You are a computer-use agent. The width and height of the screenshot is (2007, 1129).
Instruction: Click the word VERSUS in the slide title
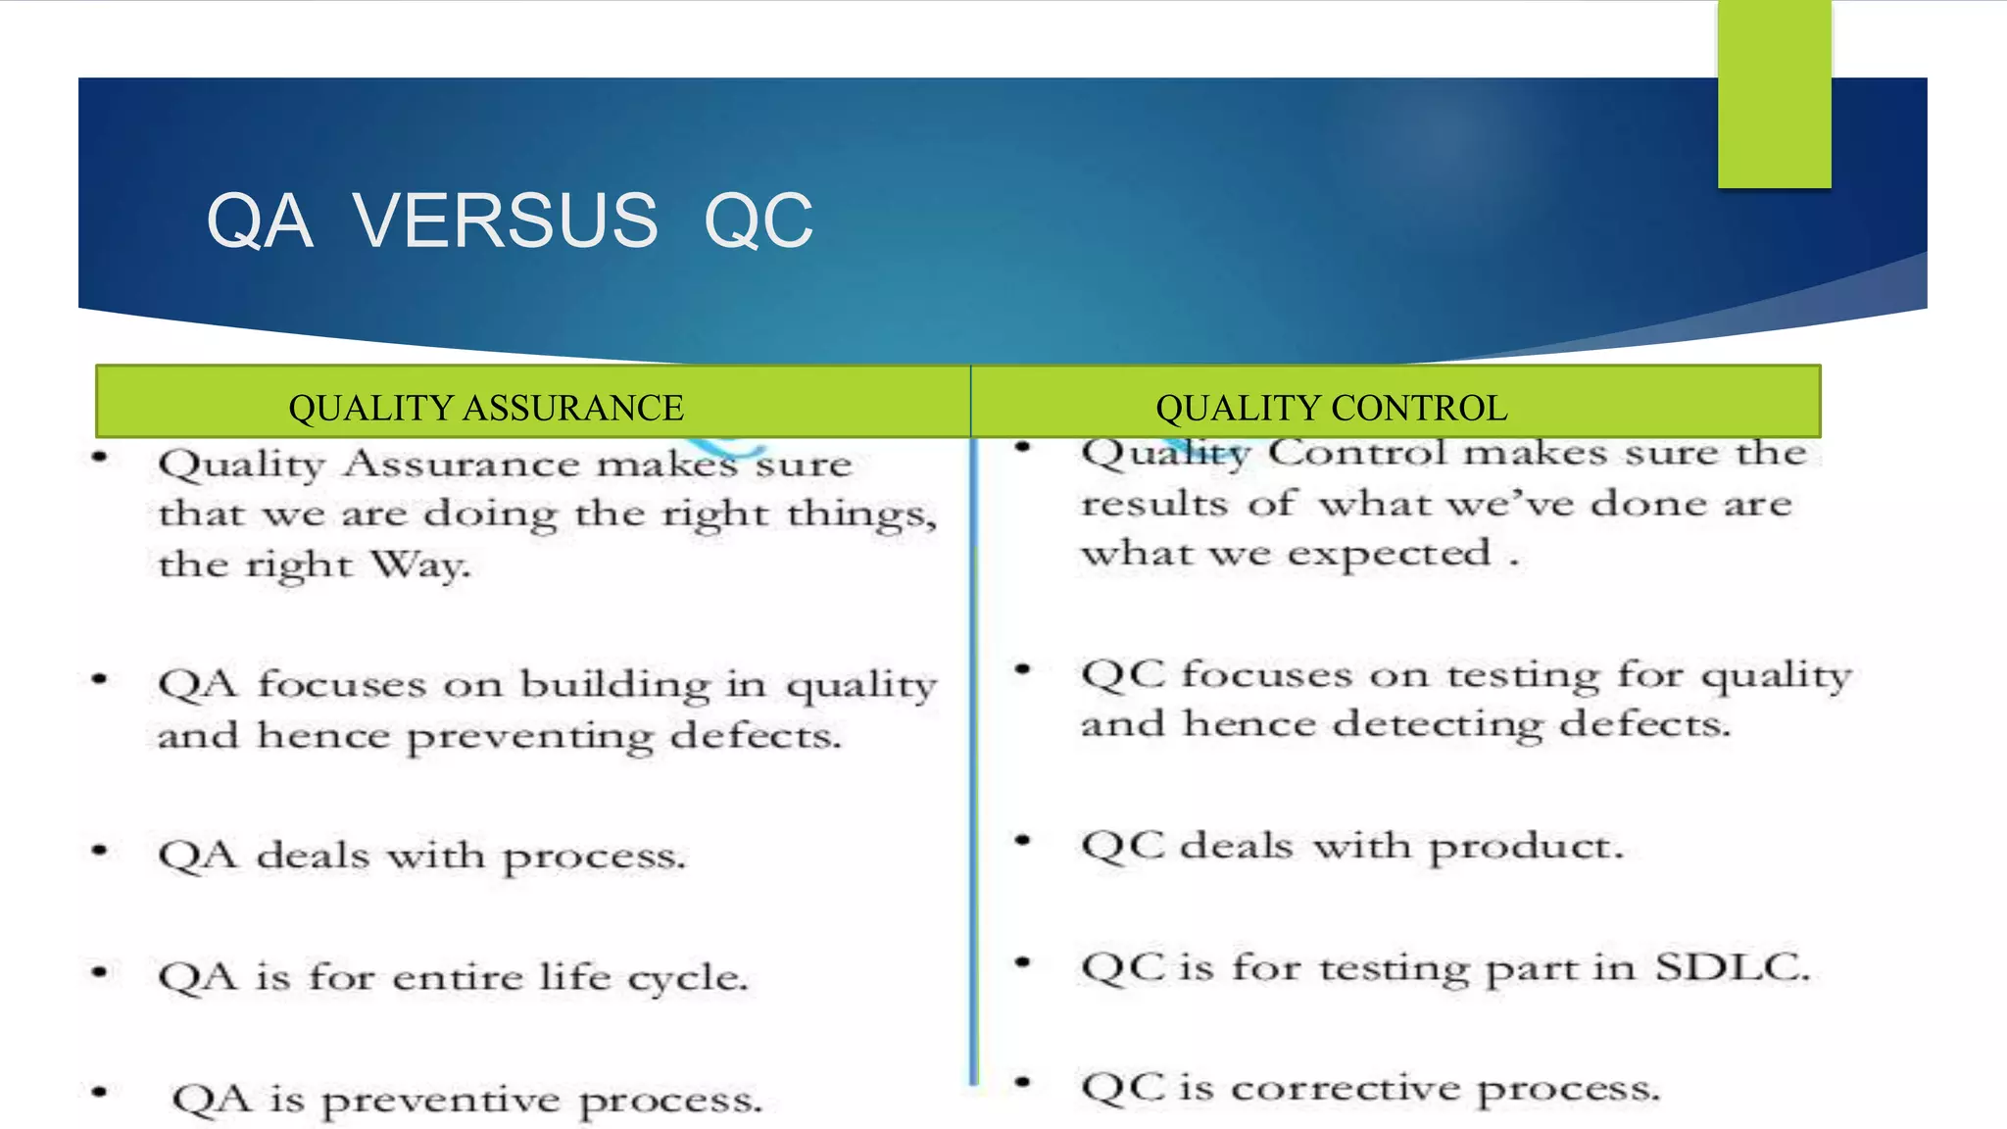pyautogui.click(x=505, y=221)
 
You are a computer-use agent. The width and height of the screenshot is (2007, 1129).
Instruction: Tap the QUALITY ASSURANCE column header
pyautogui.click(x=486, y=408)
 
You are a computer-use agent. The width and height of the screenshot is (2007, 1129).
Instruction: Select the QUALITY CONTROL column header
pyautogui.click(x=1331, y=408)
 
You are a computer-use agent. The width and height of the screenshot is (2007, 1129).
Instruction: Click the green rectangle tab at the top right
pyautogui.click(x=1774, y=94)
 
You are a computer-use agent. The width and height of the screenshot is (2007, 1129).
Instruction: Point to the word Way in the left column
pyautogui.click(x=419, y=565)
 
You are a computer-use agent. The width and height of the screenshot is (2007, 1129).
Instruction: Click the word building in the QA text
pyautogui.click(x=614, y=684)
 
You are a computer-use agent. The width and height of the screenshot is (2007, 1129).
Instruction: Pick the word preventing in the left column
pyautogui.click(x=529, y=737)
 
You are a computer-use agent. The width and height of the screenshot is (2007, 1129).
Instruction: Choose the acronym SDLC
pyautogui.click(x=1732, y=968)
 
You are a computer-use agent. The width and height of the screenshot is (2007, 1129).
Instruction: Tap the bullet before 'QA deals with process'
pyautogui.click(x=99, y=851)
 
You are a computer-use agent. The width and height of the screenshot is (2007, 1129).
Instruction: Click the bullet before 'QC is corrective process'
pyautogui.click(x=1023, y=1083)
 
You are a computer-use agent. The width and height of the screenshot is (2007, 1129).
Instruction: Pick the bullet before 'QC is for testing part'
pyautogui.click(x=1023, y=962)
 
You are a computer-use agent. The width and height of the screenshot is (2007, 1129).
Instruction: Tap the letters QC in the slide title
pyautogui.click(x=758, y=221)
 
